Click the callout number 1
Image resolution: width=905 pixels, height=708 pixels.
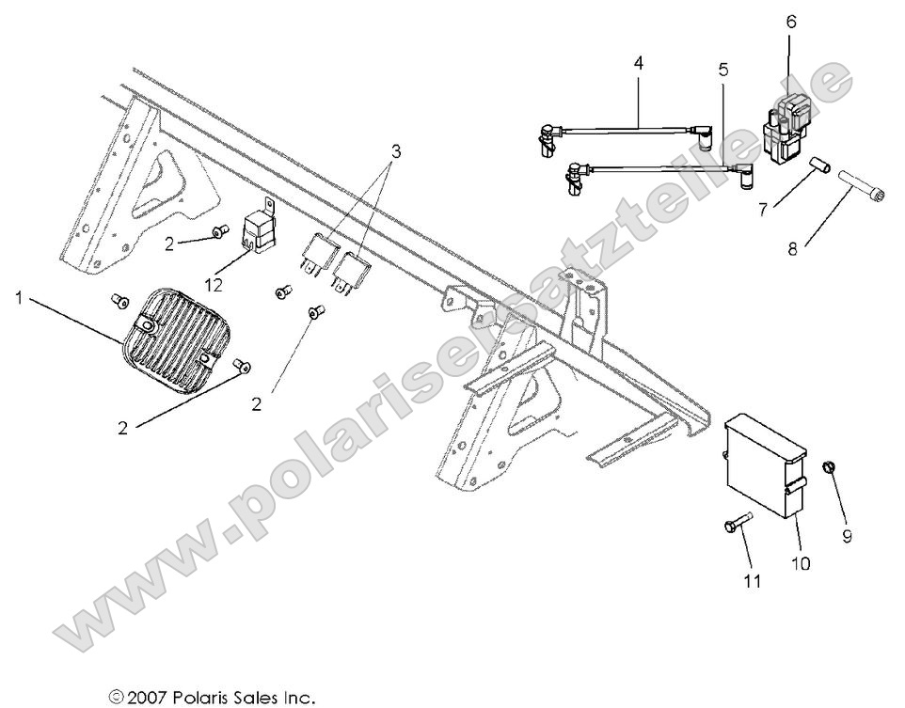20,298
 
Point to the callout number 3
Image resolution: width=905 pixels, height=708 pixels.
396,151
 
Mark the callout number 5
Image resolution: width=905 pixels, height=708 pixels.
722,71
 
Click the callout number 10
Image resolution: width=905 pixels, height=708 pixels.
800,564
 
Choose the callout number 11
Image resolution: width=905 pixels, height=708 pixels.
752,581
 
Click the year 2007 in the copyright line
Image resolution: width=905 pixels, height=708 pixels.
151,697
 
